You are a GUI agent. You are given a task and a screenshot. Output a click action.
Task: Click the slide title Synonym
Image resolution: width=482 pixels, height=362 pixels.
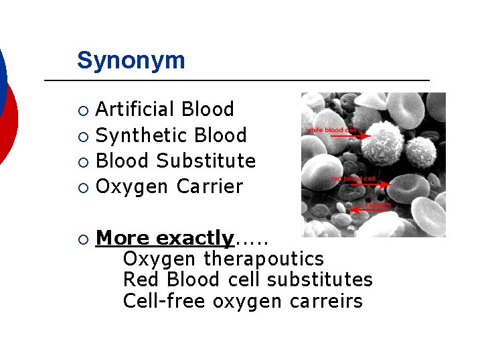[x=131, y=60]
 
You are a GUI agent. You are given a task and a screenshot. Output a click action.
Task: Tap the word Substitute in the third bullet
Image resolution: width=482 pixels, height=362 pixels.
[x=206, y=161]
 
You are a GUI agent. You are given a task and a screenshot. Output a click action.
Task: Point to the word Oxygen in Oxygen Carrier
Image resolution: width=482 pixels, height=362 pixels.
[x=133, y=187]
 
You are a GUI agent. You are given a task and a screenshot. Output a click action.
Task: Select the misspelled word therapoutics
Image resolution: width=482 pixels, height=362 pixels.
[x=264, y=259]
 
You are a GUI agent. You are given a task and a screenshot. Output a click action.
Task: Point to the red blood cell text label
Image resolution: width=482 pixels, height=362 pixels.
[x=353, y=179]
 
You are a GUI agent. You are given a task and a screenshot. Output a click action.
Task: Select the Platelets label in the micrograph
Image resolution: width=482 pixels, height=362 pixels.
[x=378, y=204]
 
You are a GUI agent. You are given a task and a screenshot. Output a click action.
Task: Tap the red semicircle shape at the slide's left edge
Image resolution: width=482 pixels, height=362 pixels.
[x=8, y=124]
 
